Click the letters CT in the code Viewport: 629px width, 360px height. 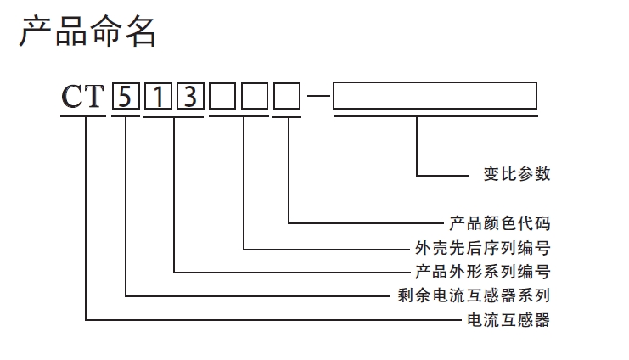click(x=82, y=97)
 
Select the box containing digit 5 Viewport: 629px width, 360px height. click(x=125, y=97)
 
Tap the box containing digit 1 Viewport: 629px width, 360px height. click(x=159, y=97)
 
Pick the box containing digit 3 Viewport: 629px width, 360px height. click(x=189, y=97)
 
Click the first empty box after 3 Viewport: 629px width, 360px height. click(x=223, y=97)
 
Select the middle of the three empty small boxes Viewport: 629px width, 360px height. click(x=255, y=97)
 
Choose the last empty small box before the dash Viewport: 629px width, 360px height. click(x=287, y=97)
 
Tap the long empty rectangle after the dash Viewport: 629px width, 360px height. click(x=435, y=96)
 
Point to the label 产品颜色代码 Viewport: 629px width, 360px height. click(x=499, y=224)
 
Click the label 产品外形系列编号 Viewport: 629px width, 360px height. click(x=482, y=273)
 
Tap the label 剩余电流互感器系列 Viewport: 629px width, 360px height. click(x=474, y=296)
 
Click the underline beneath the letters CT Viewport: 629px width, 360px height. click(x=82, y=117)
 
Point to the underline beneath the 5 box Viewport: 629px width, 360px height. click(x=125, y=117)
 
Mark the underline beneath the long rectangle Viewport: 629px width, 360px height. click(x=435, y=117)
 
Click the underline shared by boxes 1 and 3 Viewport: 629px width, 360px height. click(x=174, y=117)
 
